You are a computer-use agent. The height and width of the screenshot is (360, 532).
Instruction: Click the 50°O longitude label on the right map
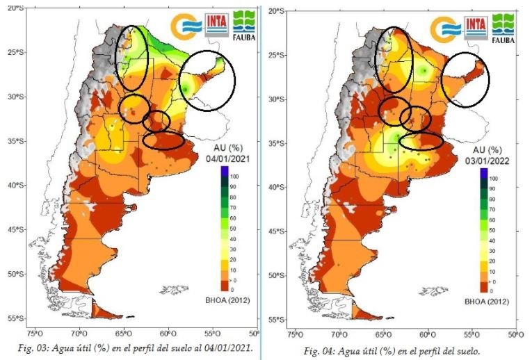514,334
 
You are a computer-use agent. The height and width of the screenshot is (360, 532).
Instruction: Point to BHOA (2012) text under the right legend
489,302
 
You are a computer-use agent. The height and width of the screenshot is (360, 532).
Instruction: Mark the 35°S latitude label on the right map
277,143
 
